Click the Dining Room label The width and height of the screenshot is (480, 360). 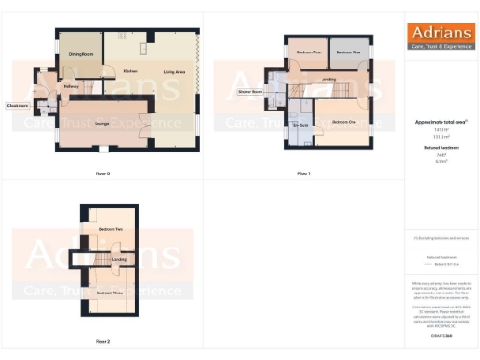point(81,55)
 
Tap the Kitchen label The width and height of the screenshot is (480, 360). point(131,71)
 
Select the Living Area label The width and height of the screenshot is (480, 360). point(173,71)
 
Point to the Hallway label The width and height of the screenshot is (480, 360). point(69,88)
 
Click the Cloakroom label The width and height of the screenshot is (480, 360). point(16,105)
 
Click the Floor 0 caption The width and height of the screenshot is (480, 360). point(103,174)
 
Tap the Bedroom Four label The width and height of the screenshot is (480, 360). point(310,52)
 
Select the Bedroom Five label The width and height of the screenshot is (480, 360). point(350,52)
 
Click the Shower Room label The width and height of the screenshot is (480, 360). point(249,92)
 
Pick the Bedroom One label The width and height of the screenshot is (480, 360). point(343,123)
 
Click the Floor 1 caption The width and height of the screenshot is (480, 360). point(304,174)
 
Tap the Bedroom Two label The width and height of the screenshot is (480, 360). point(112,230)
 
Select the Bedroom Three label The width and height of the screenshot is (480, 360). point(112,293)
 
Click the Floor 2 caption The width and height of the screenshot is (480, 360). point(103,342)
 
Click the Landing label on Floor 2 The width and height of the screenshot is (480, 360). point(119,259)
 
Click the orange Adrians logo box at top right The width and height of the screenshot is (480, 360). point(439,37)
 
